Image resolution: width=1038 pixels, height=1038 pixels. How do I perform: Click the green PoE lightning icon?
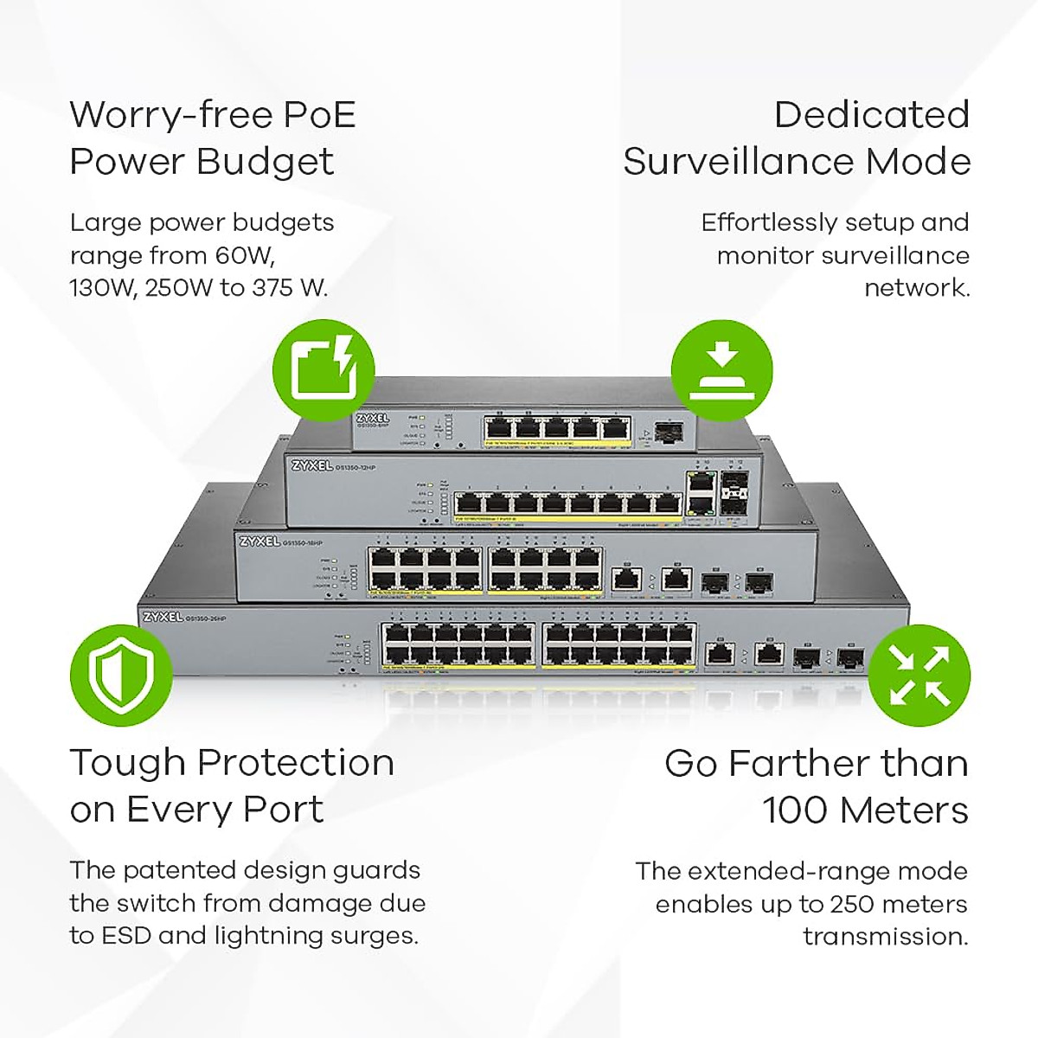tap(324, 369)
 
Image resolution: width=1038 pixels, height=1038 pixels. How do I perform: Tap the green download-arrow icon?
tap(722, 369)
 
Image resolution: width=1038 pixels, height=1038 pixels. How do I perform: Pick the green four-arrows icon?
tap(919, 676)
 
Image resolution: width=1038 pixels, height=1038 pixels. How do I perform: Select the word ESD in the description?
tap(127, 935)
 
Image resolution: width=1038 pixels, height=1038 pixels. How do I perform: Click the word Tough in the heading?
tap(127, 763)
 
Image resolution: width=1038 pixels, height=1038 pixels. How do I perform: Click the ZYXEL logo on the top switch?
tap(373, 418)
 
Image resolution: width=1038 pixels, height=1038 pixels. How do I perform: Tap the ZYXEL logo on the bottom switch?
tap(162, 617)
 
